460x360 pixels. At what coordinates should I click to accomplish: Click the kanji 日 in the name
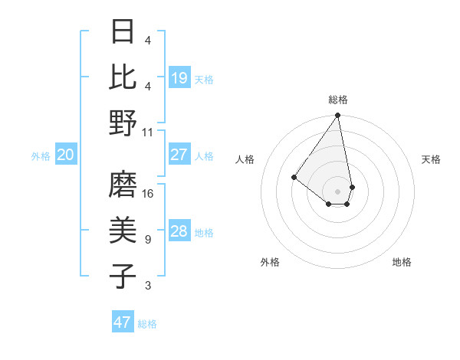click(x=123, y=31)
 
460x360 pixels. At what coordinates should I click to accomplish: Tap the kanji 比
click(x=123, y=77)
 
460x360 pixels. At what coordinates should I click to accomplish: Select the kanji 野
click(x=123, y=123)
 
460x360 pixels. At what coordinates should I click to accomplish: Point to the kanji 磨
click(x=123, y=185)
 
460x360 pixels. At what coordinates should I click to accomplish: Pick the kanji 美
click(x=123, y=231)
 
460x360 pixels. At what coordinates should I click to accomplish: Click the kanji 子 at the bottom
click(x=123, y=277)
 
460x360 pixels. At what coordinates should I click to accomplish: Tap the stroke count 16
click(x=148, y=193)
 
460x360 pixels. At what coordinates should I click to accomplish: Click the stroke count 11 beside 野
click(x=148, y=132)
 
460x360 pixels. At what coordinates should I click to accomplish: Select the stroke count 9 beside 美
click(x=148, y=240)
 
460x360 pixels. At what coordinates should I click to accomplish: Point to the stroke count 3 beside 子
click(x=148, y=286)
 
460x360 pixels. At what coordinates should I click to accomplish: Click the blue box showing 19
click(x=179, y=78)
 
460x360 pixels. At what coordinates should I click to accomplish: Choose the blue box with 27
click(x=179, y=155)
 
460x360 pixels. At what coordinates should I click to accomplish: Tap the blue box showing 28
click(x=179, y=231)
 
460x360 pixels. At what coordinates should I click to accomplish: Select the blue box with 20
click(x=66, y=155)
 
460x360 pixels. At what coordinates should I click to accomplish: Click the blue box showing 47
click(x=123, y=322)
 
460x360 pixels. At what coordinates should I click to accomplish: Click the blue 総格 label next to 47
click(x=147, y=324)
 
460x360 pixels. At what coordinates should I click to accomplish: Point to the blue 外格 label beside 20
click(x=41, y=156)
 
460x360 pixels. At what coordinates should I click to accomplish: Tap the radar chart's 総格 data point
click(x=337, y=116)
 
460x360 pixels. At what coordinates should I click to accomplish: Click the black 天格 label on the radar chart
click(x=431, y=159)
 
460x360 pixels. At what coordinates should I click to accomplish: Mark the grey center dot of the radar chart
click(x=337, y=191)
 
